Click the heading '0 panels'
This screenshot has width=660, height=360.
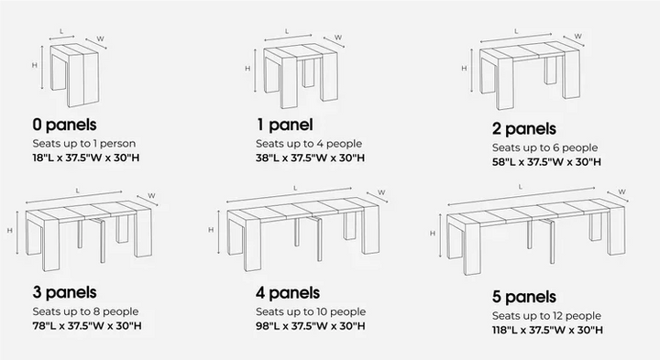tap(64, 124)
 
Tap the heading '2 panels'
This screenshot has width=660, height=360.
tap(524, 128)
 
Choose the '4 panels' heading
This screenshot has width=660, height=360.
tap(289, 293)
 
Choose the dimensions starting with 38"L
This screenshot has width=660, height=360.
tap(311, 158)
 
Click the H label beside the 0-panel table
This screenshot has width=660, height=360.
tap(33, 65)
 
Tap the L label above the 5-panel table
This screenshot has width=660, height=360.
tap(520, 186)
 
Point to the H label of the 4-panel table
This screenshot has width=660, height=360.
tap(212, 230)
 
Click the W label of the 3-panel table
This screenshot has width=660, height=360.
tap(152, 194)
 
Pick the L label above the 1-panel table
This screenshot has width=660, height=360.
tap(288, 31)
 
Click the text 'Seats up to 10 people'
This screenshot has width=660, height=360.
tap(311, 311)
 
